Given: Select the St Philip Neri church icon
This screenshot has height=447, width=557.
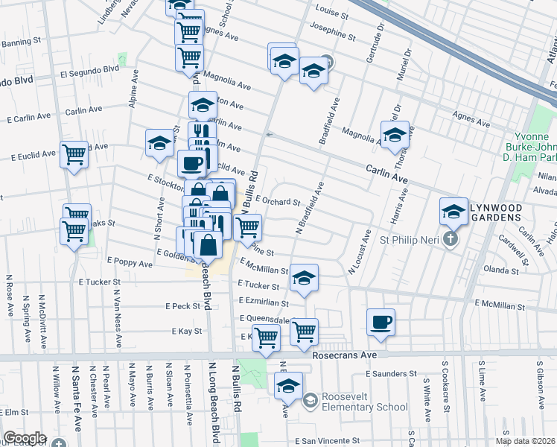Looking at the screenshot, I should pos(448,239).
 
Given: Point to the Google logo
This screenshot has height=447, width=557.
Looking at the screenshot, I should pos(25,438).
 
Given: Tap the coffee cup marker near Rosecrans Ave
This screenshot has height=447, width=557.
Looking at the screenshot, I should pos(381,322).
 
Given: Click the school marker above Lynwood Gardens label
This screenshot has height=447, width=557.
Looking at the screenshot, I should pos(453,212).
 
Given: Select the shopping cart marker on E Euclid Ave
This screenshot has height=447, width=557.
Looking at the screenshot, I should pos(74,155).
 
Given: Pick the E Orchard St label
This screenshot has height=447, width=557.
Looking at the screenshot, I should pos(277,200).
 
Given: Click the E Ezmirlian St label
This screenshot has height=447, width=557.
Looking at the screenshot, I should pos(267,302).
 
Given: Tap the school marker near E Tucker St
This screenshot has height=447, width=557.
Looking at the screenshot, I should pos(304,278).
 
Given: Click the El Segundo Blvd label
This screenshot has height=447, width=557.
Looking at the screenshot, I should pos(89,71).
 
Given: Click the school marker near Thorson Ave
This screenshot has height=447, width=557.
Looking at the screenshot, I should pos(395,134).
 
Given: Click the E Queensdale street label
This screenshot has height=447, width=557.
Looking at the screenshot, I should pos(264,318).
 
